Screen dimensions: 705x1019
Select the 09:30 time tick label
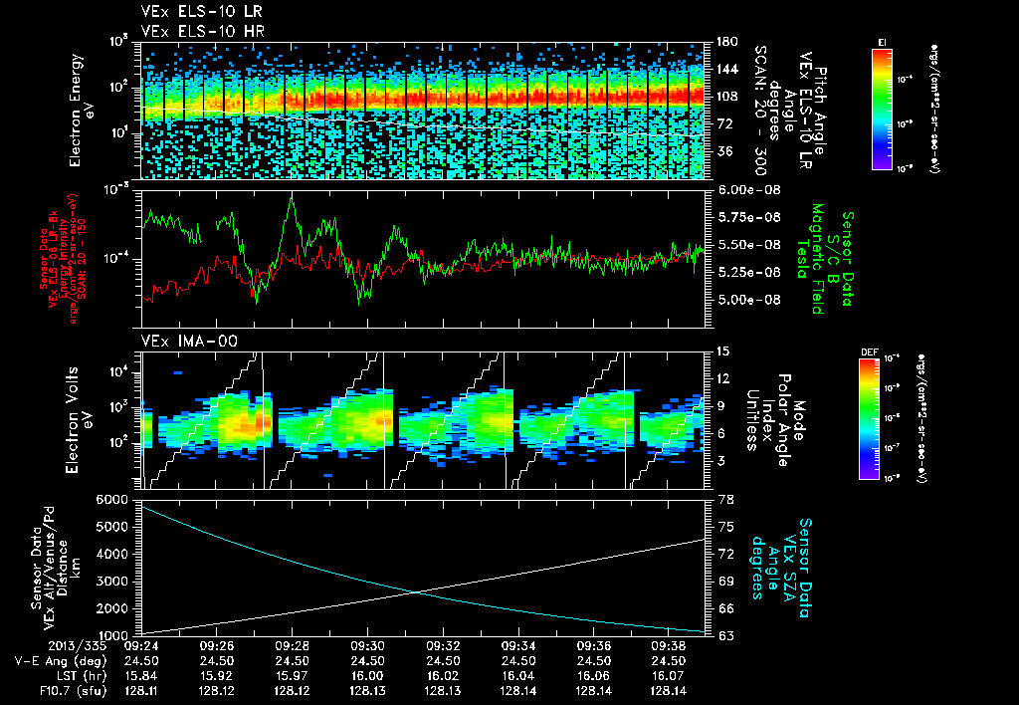click(367, 645)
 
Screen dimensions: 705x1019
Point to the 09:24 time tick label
click(139, 645)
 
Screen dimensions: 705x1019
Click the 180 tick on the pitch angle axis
click(726, 42)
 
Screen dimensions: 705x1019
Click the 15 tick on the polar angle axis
click(722, 351)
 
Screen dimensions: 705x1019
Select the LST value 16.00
click(367, 674)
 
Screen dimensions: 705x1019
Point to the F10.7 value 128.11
click(139, 688)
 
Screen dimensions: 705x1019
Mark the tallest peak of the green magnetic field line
click(292, 197)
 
